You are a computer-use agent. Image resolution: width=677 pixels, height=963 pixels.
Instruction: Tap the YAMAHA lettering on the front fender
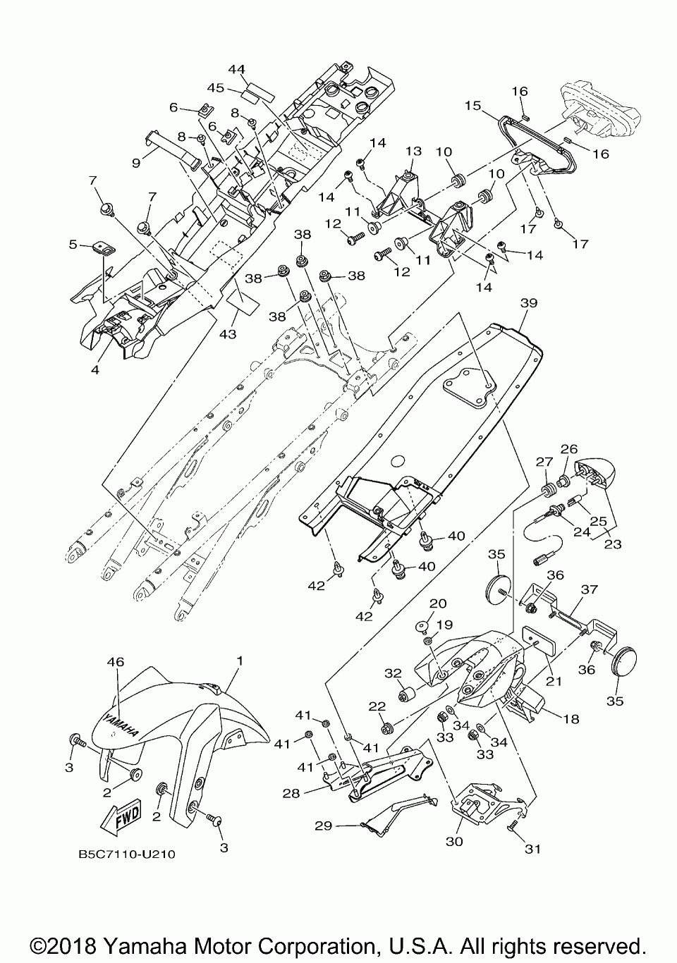click(122, 725)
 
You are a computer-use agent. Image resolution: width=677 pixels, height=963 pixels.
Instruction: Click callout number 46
click(115, 662)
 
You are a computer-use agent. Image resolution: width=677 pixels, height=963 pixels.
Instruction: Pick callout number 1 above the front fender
click(240, 661)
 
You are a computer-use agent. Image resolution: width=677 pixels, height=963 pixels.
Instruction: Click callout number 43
click(228, 333)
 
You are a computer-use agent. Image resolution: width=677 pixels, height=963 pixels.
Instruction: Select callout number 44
click(236, 69)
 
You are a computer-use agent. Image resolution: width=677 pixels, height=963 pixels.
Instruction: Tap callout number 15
click(472, 105)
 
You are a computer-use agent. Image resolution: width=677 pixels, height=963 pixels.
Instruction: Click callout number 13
click(413, 152)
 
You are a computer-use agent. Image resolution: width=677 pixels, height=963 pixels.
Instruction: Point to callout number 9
click(136, 164)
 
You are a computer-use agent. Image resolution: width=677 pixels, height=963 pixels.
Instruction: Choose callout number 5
click(73, 245)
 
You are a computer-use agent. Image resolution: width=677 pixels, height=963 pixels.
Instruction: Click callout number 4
click(95, 369)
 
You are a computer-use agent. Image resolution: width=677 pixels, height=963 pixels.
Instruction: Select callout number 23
click(613, 544)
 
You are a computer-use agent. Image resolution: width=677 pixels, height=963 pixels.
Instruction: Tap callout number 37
click(590, 589)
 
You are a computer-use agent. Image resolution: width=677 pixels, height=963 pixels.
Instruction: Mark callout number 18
click(571, 719)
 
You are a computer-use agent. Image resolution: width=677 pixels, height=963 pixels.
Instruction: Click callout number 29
click(324, 826)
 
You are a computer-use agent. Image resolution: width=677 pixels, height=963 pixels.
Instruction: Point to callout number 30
click(454, 841)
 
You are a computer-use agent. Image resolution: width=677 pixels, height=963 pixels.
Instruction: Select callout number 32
click(393, 673)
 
